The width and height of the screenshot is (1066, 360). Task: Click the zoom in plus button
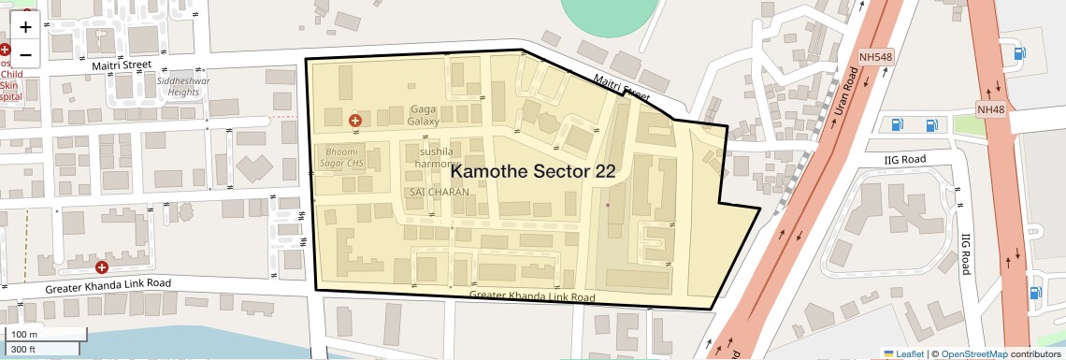click(25, 27)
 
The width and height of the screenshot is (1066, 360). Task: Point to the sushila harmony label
click(436, 157)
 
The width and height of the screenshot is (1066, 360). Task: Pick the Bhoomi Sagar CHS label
click(342, 156)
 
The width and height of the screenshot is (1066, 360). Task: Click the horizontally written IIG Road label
click(904, 159)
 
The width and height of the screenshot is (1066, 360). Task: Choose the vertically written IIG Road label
click(965, 252)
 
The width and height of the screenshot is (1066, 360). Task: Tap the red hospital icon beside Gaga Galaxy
click(354, 120)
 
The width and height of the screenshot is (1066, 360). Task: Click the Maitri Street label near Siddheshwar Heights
click(121, 65)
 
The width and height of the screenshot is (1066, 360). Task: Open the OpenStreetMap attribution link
click(973, 353)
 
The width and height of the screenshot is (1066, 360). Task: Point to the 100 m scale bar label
click(24, 335)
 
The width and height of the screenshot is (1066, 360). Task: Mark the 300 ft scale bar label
click(23, 349)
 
